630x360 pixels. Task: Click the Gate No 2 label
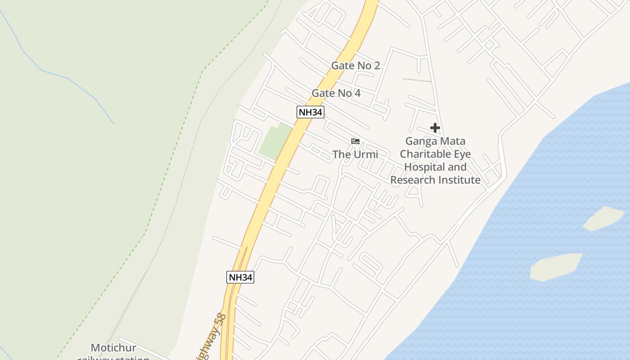click(x=355, y=66)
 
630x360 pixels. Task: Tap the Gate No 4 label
click(x=336, y=93)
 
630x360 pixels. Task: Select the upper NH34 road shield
click(x=310, y=112)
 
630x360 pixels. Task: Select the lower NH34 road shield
click(x=240, y=277)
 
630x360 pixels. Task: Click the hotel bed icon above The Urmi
click(x=355, y=141)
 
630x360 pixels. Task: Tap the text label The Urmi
click(x=355, y=154)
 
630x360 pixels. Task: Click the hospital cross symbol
click(x=435, y=128)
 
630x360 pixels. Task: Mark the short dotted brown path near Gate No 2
click(x=417, y=80)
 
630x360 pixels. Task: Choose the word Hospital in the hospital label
click(x=423, y=167)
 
